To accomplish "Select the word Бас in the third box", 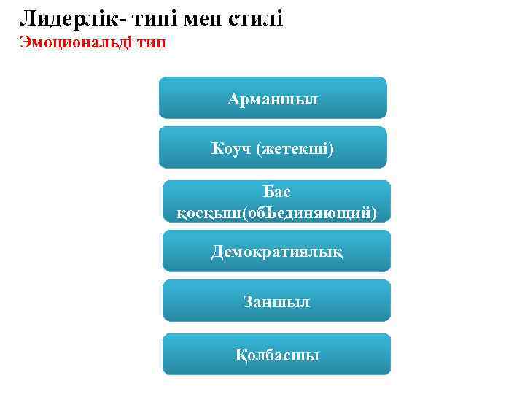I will coord(277,192).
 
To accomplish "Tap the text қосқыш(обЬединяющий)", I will coord(277,212).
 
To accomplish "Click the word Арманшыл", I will coord(273,98).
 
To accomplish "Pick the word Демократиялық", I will coord(276,252).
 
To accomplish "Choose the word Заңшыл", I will coord(276,301).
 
